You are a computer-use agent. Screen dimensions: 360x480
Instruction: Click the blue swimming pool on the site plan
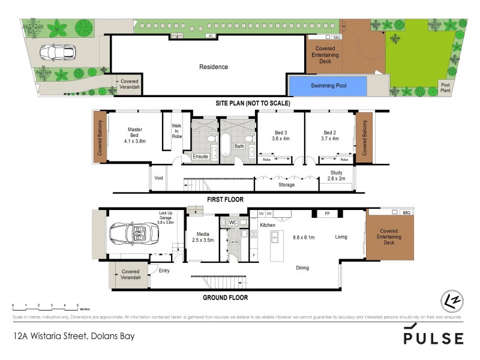pos(328,86)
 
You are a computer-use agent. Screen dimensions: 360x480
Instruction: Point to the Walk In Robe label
pos(176,131)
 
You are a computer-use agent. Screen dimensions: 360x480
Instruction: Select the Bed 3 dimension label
pos(281,136)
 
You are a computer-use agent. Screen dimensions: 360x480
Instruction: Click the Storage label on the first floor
pos(287,185)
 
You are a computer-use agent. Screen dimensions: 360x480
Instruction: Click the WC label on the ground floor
pos(233,223)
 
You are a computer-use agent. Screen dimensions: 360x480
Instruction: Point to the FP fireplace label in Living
pos(328,214)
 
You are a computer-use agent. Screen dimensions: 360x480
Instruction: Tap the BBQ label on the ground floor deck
pos(406,213)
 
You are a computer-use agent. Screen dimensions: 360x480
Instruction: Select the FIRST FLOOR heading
pos(226,199)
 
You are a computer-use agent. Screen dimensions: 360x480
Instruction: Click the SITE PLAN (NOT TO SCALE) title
pos(253,103)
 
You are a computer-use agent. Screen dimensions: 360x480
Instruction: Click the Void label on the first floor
pos(159,178)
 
